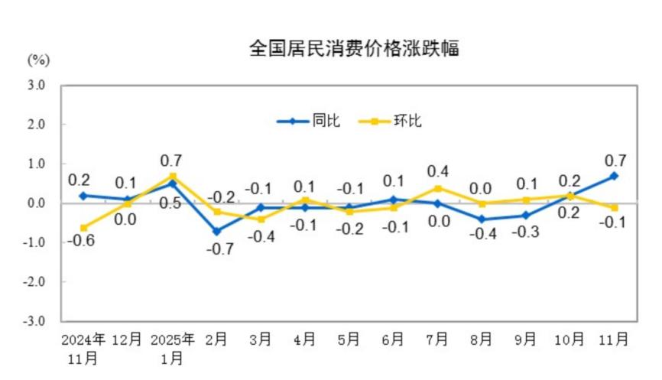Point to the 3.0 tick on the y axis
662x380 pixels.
pyautogui.click(x=37, y=85)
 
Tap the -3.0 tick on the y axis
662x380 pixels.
pyautogui.click(x=35, y=320)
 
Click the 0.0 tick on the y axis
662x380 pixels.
pyautogui.click(x=37, y=203)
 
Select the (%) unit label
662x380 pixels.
pyautogui.click(x=38, y=60)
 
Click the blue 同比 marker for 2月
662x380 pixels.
pyautogui.click(x=216, y=231)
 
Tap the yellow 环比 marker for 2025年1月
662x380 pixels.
pyautogui.click(x=173, y=176)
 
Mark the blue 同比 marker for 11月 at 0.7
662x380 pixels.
pyautogui.click(x=614, y=176)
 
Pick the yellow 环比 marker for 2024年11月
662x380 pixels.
pyautogui.click(x=83, y=227)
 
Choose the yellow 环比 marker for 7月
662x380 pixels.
pyautogui.click(x=437, y=188)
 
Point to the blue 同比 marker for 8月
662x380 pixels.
pyautogui.click(x=482, y=219)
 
